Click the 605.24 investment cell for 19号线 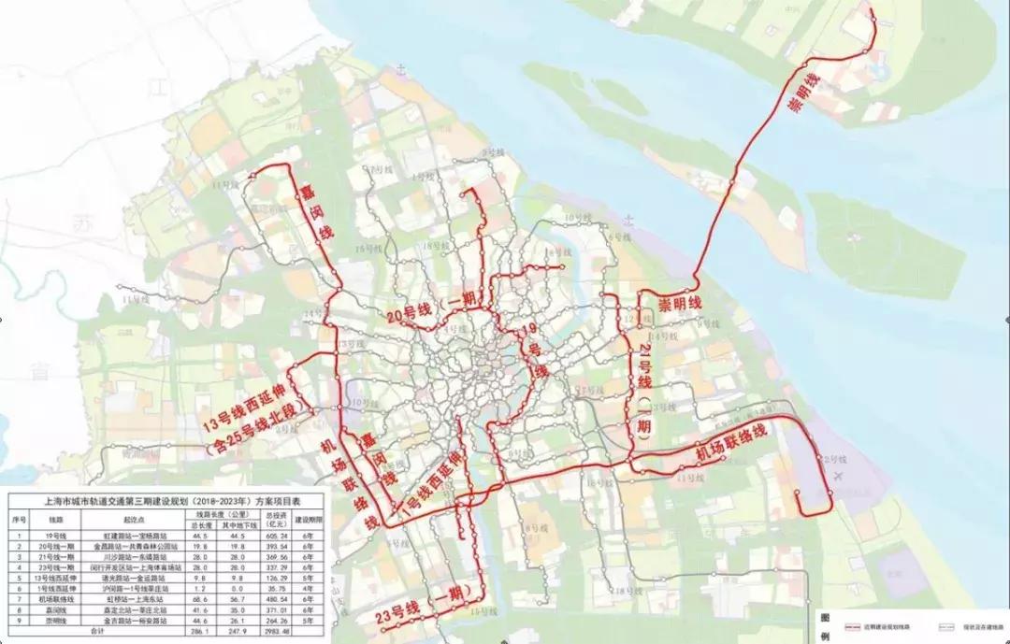point(277,536)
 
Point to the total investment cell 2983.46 point(277,633)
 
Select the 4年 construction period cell point(309,589)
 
